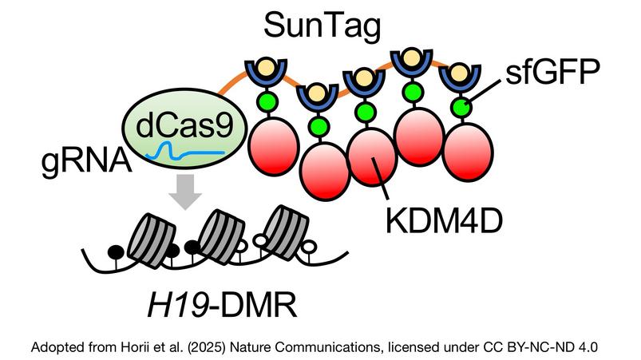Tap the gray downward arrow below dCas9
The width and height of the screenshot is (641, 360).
(x=184, y=192)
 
